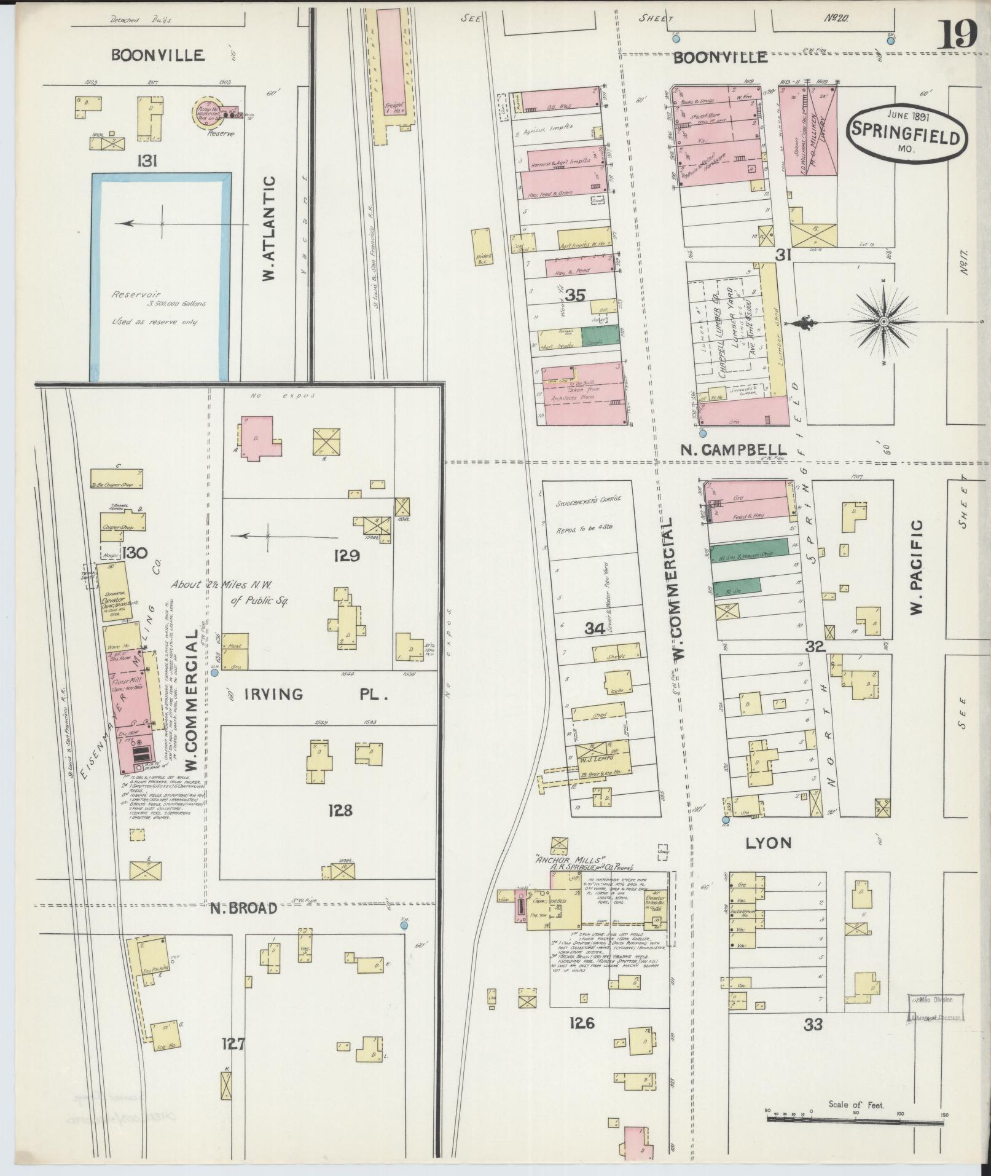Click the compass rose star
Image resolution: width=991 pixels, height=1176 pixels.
883,322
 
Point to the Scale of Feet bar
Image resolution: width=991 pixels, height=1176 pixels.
855,1121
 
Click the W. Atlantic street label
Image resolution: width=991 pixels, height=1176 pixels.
268,229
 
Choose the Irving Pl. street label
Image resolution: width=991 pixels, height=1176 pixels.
317,695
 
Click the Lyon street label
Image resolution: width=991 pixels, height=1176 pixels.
767,843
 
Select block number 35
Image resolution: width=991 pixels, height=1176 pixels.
575,295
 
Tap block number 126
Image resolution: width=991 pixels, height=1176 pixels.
581,1023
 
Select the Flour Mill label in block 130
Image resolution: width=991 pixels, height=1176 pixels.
127,682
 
